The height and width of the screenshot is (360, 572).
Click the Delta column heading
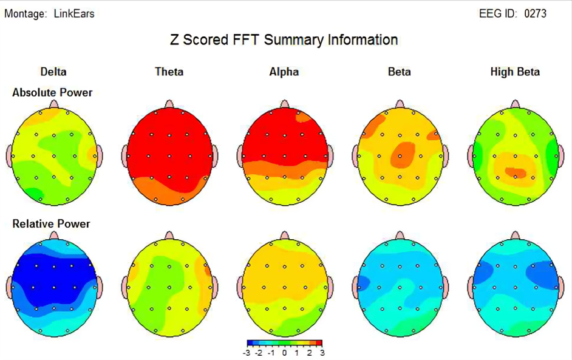[53, 72]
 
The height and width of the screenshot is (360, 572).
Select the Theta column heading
[169, 72]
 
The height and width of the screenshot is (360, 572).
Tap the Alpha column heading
[284, 72]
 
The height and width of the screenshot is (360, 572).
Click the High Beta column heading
[515, 72]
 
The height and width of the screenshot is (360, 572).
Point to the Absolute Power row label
[52, 92]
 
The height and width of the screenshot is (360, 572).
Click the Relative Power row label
[51, 223]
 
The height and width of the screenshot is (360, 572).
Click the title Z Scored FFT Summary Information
[284, 40]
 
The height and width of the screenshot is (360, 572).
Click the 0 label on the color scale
[285, 353]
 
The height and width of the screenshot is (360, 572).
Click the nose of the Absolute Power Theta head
[169, 104]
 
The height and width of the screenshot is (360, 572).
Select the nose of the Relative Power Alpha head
[284, 235]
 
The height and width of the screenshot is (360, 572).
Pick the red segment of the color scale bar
[318, 344]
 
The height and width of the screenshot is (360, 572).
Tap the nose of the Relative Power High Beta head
[515, 235]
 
